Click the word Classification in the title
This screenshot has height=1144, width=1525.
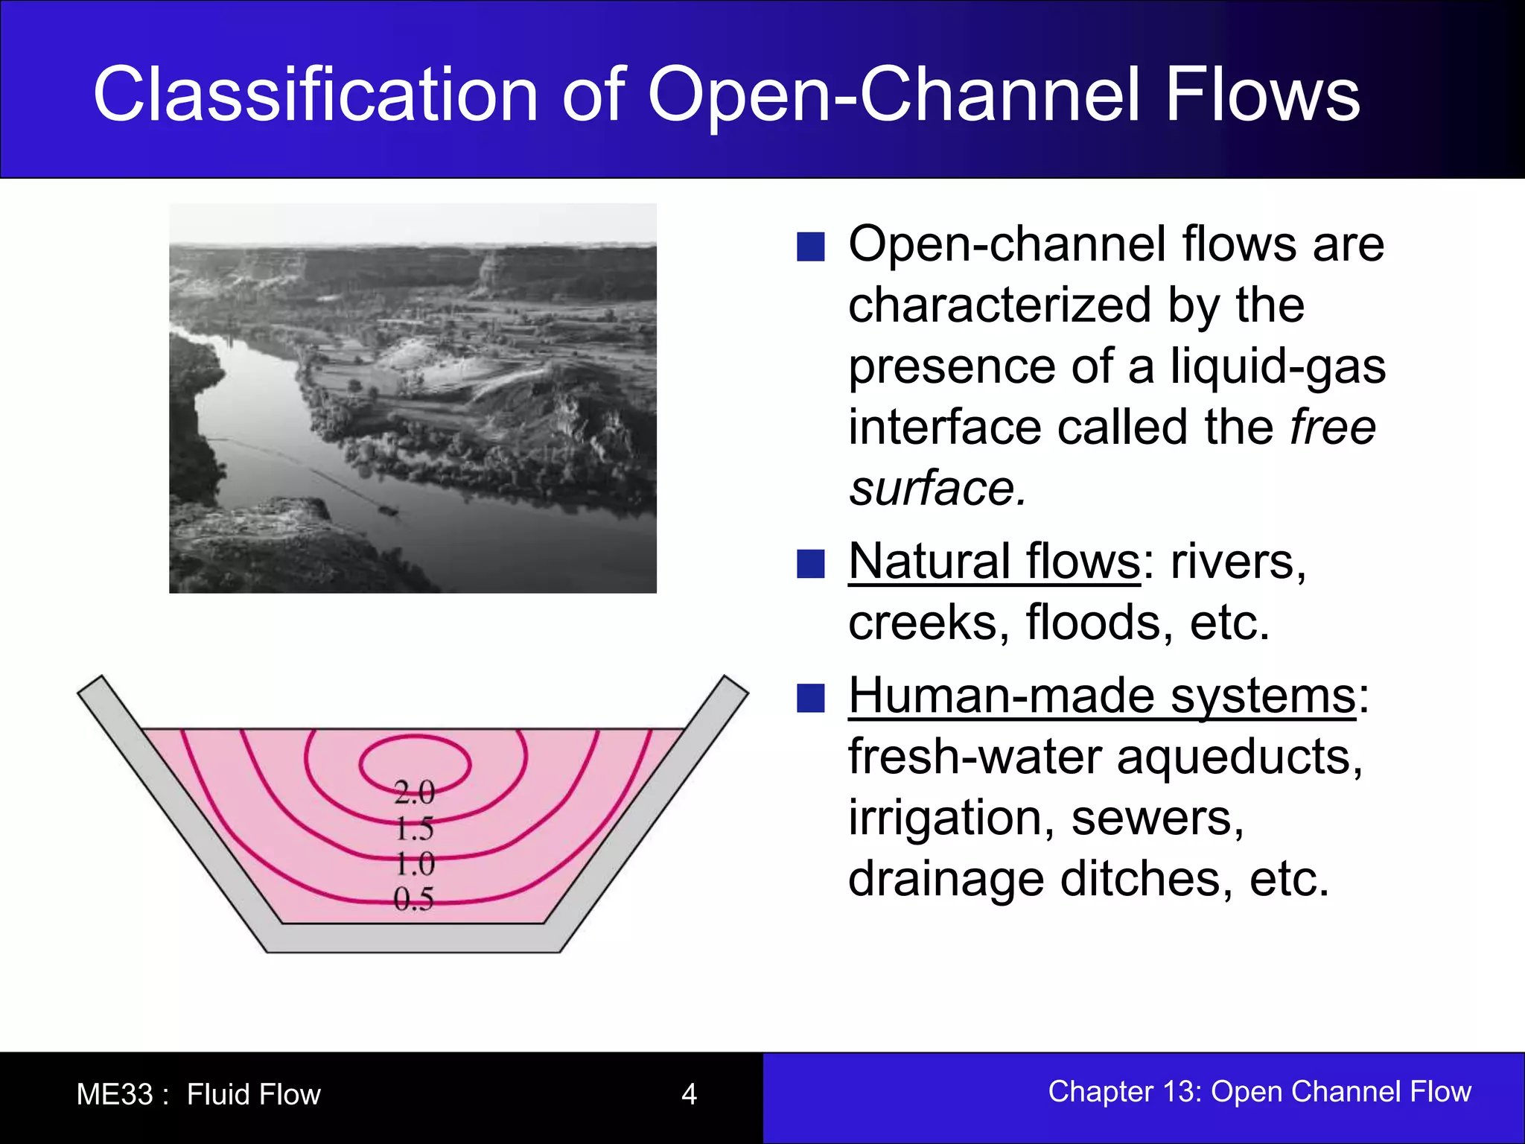(315, 95)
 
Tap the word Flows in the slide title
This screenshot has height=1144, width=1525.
(1263, 95)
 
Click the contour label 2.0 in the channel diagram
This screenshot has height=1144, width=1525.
(414, 792)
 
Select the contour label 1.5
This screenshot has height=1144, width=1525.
(414, 828)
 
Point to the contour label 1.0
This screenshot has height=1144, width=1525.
(414, 864)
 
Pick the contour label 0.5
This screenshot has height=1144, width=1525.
(413, 900)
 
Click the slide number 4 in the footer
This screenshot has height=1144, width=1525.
(689, 1094)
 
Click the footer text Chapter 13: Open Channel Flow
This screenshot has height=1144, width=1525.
(1259, 1091)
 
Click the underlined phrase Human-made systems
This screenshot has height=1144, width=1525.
(1102, 696)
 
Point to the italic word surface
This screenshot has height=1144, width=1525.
(937, 489)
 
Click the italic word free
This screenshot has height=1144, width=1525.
(1333, 427)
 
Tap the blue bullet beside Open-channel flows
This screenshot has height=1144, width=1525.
(810, 247)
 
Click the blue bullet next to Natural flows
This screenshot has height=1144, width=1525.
(810, 564)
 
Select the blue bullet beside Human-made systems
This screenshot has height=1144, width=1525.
(810, 699)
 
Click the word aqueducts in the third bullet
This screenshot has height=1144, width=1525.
(1239, 757)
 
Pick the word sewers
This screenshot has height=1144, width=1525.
(1157, 818)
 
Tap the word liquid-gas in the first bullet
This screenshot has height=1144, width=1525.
(1278, 366)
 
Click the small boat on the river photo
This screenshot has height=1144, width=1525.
(386, 510)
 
